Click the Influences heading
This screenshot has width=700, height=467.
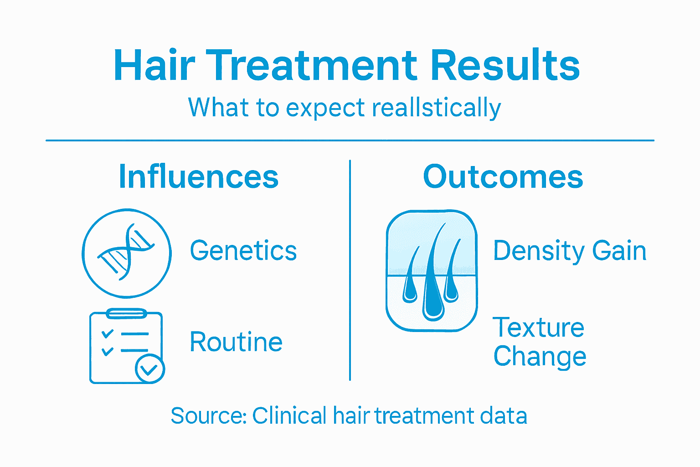click(x=198, y=177)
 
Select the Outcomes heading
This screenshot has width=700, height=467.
click(x=503, y=177)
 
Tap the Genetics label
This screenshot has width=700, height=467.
click(x=243, y=251)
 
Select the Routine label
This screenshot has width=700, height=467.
click(x=236, y=342)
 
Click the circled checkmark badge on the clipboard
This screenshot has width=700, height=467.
click(x=149, y=369)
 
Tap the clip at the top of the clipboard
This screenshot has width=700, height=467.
click(x=126, y=313)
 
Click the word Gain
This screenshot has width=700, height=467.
click(x=619, y=251)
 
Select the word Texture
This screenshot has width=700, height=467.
click(x=538, y=327)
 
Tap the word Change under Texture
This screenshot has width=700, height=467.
click(x=540, y=357)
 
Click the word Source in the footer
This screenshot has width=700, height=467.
click(x=208, y=416)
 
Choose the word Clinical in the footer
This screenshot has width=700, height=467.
click(x=289, y=416)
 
